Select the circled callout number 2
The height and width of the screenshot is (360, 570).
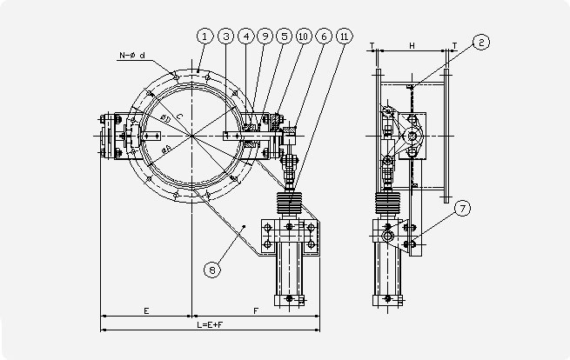(481, 41)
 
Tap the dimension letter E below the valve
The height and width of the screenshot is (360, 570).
(146, 310)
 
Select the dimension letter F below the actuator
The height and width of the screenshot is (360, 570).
(255, 310)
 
